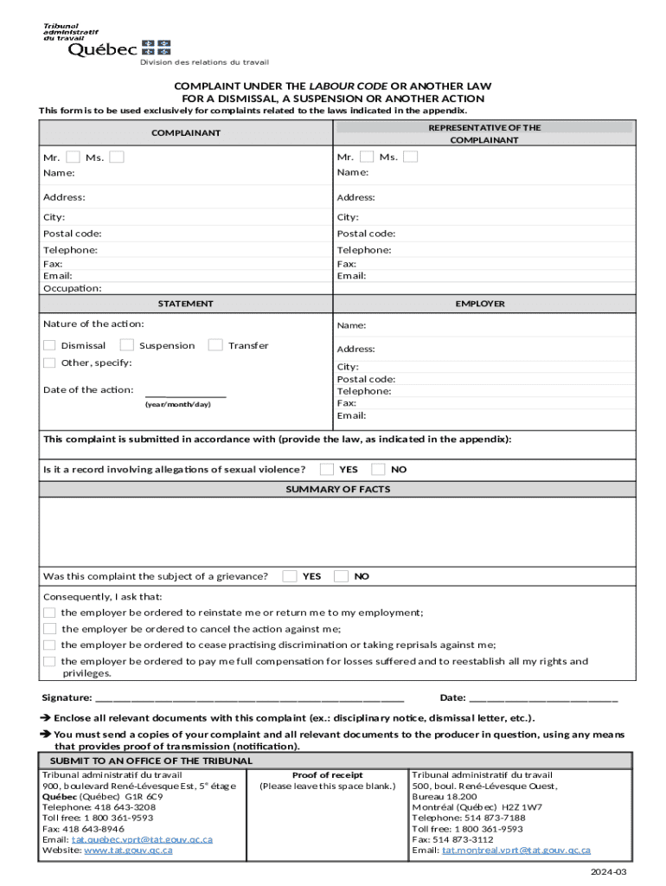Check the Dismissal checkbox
(x=50, y=345)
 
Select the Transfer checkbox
(x=216, y=345)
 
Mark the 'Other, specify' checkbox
(x=50, y=363)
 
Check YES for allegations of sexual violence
(x=327, y=469)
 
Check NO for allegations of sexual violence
(x=378, y=469)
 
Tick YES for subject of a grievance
(x=291, y=575)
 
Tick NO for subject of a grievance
(x=342, y=575)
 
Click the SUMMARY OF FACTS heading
(x=338, y=489)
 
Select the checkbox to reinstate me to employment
(x=50, y=613)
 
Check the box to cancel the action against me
(x=50, y=629)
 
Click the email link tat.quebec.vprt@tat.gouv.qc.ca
(x=142, y=839)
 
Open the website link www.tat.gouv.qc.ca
(x=128, y=851)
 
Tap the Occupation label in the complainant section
(x=73, y=288)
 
